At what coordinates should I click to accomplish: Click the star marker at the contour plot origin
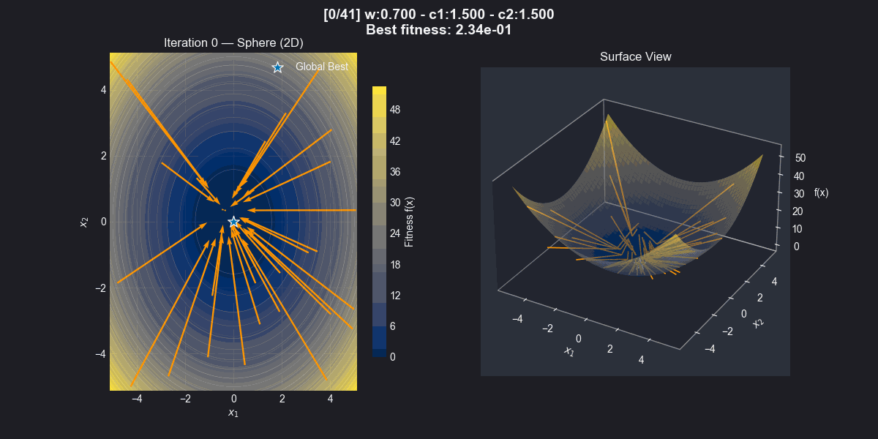click(233, 222)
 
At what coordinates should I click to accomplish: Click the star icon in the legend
click(277, 67)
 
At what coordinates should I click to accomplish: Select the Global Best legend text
click(322, 67)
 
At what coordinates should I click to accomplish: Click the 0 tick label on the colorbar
click(394, 357)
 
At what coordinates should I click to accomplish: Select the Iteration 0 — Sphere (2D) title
click(233, 43)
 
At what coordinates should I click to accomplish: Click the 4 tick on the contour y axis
click(103, 90)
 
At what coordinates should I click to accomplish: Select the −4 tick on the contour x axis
click(136, 399)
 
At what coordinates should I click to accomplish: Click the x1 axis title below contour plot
click(233, 413)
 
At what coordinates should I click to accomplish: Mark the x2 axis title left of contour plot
click(85, 222)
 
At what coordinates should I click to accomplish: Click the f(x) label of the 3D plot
click(821, 193)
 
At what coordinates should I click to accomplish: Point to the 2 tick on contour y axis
click(103, 156)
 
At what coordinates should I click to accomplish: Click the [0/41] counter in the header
click(342, 14)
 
